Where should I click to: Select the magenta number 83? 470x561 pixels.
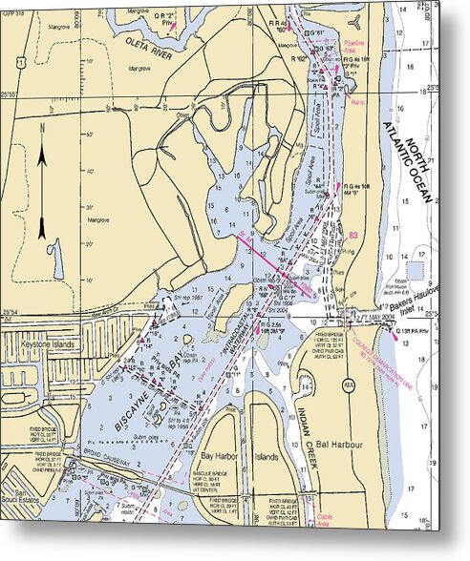[355, 235]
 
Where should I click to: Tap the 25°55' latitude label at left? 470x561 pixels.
[10, 94]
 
